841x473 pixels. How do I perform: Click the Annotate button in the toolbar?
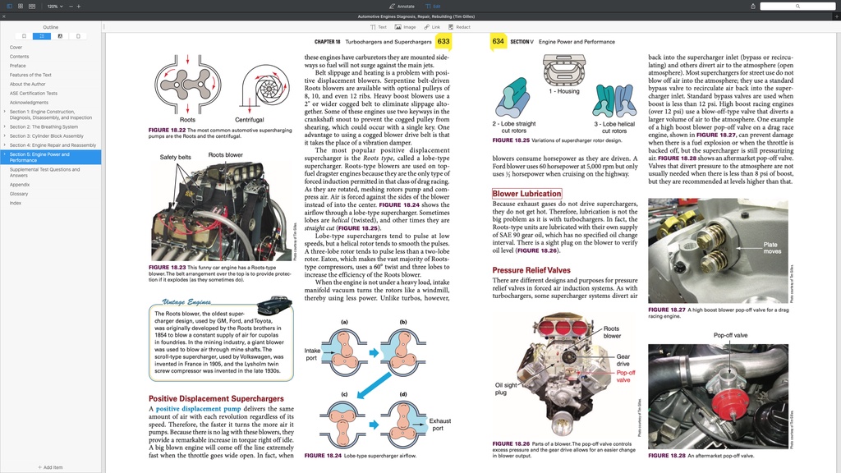pos(402,6)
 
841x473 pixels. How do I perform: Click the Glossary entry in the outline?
pos(19,194)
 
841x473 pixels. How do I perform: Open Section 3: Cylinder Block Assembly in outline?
pos(46,135)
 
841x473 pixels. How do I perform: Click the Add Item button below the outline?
pos(50,467)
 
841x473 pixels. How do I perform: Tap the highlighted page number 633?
pos(443,41)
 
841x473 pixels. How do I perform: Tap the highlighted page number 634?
pos(498,41)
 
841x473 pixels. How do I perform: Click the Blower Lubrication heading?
pos(526,194)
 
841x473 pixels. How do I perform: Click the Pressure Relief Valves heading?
pos(531,270)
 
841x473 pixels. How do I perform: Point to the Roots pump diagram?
pos(187,86)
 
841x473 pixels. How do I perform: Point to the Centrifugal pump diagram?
pos(250,86)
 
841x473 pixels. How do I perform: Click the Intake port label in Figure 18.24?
pos(312,354)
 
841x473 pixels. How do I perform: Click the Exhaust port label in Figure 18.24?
pos(440,425)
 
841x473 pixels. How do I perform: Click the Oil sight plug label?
pos(506,388)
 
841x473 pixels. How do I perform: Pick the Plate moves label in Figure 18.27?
pos(771,248)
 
